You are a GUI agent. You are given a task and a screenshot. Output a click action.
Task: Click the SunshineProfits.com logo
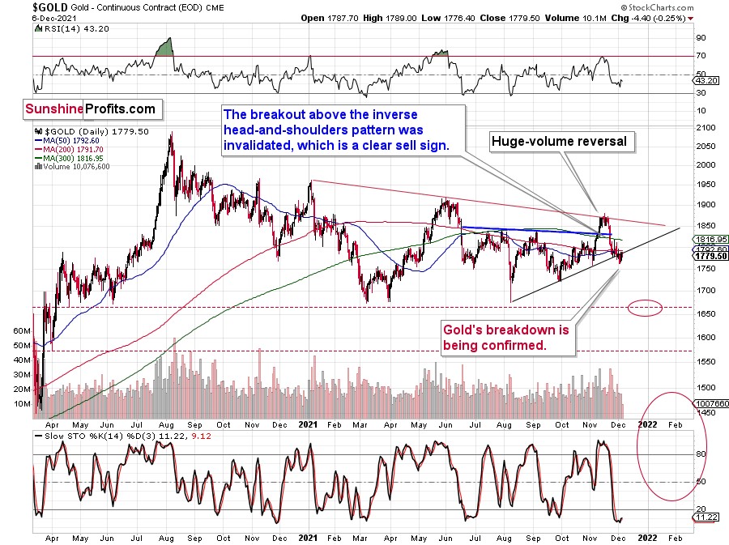90,109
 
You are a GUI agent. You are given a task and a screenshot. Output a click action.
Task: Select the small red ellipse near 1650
645,308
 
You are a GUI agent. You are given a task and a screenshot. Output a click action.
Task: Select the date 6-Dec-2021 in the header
26,17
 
